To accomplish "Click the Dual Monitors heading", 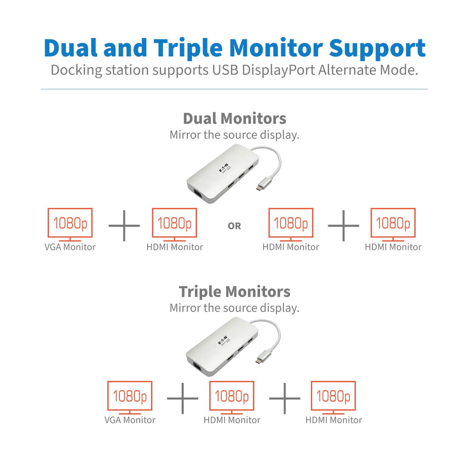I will pyautogui.click(x=234, y=118).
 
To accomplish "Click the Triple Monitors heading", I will pyautogui.click(x=234, y=291).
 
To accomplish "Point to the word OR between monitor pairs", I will pyautogui.click(x=234, y=226).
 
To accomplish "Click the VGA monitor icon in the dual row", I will pyautogui.click(x=70, y=224).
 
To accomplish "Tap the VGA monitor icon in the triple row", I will pyautogui.click(x=130, y=397).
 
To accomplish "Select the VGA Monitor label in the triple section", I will pyautogui.click(x=130, y=420).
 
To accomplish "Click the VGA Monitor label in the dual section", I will pyautogui.click(x=70, y=247).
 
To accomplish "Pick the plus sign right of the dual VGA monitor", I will pyautogui.click(x=124, y=226).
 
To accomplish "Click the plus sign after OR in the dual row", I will pyautogui.click(x=343, y=226).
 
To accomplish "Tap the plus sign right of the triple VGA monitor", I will pyautogui.click(x=183, y=399).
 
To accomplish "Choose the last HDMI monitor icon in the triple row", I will pyautogui.click(x=333, y=397).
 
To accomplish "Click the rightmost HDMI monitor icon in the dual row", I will pyautogui.click(x=393, y=224).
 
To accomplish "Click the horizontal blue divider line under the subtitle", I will pyautogui.click(x=234, y=89).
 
